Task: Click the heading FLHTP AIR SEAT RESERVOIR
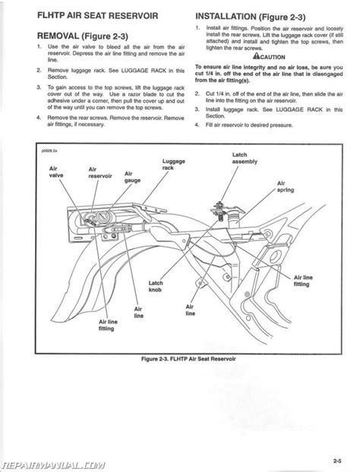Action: pyautogui.click(x=97, y=16)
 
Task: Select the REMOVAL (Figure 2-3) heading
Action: pyautogui.click(x=83, y=36)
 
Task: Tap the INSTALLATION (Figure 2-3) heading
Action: pyautogui.click(x=251, y=17)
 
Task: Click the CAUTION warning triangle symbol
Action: pyautogui.click(x=256, y=55)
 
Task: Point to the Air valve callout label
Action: pyautogui.click(x=56, y=172)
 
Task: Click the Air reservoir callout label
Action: pyautogui.click(x=100, y=173)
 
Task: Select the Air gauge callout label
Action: pyautogui.click(x=132, y=177)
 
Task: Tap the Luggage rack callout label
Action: pyautogui.click(x=173, y=165)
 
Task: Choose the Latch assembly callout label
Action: pyautogui.click(x=245, y=158)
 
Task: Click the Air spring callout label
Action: pyautogui.click(x=286, y=187)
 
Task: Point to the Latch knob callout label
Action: pyautogui.click(x=156, y=286)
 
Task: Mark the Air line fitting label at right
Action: pyautogui.click(x=303, y=281)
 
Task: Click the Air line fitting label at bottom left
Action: pyautogui.click(x=108, y=325)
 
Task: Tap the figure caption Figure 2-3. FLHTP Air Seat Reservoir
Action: pyautogui.click(x=188, y=359)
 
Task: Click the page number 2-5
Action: pyautogui.click(x=337, y=461)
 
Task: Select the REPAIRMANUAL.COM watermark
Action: pyautogui.click(x=53, y=465)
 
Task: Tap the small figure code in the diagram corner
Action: pyautogui.click(x=49, y=151)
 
